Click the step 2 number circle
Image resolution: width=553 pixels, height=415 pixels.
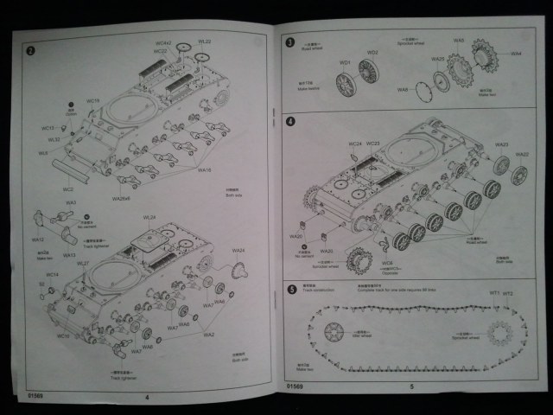31,50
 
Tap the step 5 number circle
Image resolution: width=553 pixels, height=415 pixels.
290,289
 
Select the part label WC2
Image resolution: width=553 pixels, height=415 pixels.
67,189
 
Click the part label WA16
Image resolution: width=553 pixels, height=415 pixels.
205,170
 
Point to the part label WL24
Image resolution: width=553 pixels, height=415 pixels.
149,218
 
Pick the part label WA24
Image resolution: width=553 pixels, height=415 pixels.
238,251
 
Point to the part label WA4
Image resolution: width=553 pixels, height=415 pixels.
516,54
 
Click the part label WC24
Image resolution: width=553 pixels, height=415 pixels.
354,144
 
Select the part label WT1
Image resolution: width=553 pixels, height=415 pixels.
495,294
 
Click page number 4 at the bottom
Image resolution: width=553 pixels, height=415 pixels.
147,397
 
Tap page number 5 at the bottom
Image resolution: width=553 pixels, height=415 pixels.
411,386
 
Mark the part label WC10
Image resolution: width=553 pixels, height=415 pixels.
62,335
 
